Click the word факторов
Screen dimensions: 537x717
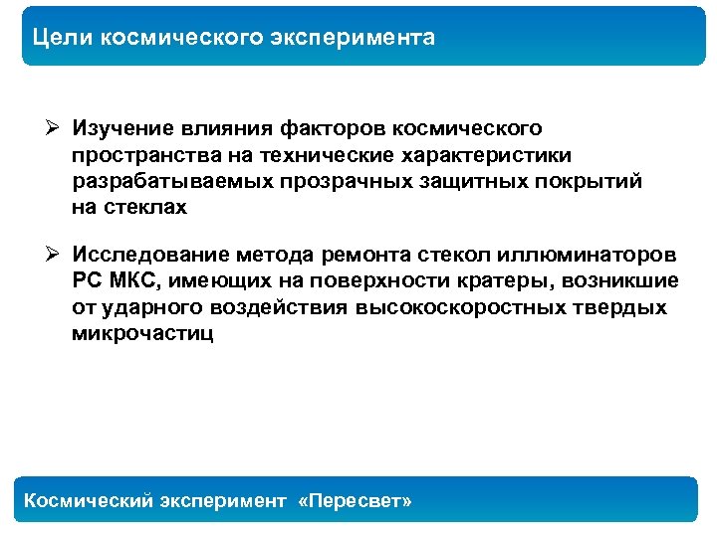click(334, 128)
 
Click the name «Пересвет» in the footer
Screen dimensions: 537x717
click(355, 501)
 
